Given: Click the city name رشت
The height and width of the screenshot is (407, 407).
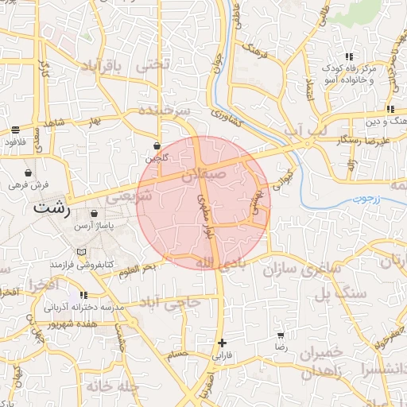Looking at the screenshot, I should (52, 210).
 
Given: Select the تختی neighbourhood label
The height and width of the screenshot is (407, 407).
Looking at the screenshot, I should (153, 66).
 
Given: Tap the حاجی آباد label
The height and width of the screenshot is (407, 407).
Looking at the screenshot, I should (170, 303).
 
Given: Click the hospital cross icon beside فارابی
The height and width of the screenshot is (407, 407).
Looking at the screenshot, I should (222, 343).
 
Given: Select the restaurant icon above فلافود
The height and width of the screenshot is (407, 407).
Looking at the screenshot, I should (16, 130).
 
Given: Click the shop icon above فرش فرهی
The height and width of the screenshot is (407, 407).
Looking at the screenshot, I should (29, 172).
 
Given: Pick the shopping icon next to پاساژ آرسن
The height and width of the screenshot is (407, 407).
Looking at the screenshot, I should (95, 214).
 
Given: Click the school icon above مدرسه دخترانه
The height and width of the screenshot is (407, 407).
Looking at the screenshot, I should (83, 295).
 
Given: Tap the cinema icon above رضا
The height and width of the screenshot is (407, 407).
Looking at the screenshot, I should (281, 335).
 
